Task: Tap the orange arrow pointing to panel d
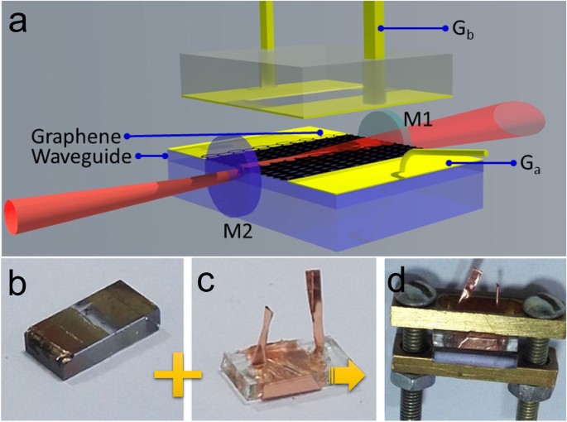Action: pyautogui.click(x=348, y=378)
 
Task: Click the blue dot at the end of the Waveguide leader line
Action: pyautogui.click(x=140, y=155)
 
